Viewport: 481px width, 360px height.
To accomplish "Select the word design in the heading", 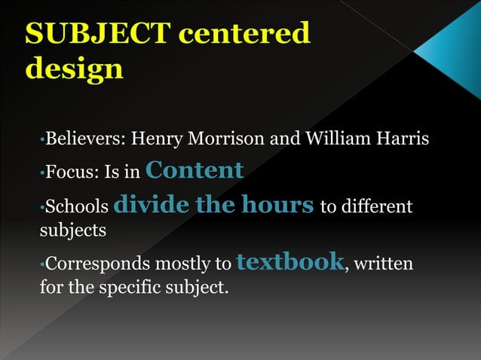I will [74, 69].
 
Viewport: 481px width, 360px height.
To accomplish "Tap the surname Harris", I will [400, 139].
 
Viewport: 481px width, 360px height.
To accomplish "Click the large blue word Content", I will [195, 170].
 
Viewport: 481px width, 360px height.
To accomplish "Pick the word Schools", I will [77, 206].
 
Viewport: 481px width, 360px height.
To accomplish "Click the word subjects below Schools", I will [72, 230].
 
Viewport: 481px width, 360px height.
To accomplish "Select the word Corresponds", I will [100, 264].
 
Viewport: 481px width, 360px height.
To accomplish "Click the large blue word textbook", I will [290, 262].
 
